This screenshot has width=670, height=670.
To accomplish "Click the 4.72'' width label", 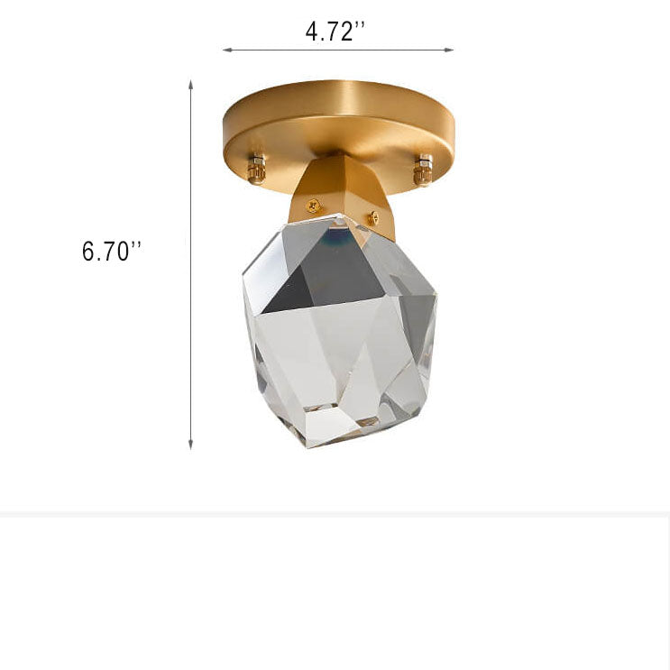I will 335,32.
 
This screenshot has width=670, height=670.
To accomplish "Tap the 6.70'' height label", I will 112,252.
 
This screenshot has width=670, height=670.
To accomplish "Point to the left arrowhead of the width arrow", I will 225,50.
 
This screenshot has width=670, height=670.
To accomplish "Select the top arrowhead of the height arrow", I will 191,84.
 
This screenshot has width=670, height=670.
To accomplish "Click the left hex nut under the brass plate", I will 257,168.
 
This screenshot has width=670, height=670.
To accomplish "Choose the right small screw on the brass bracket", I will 372,217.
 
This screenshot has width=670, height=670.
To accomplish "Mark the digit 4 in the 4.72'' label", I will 311,32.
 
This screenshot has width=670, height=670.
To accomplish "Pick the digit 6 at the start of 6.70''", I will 88,252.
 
